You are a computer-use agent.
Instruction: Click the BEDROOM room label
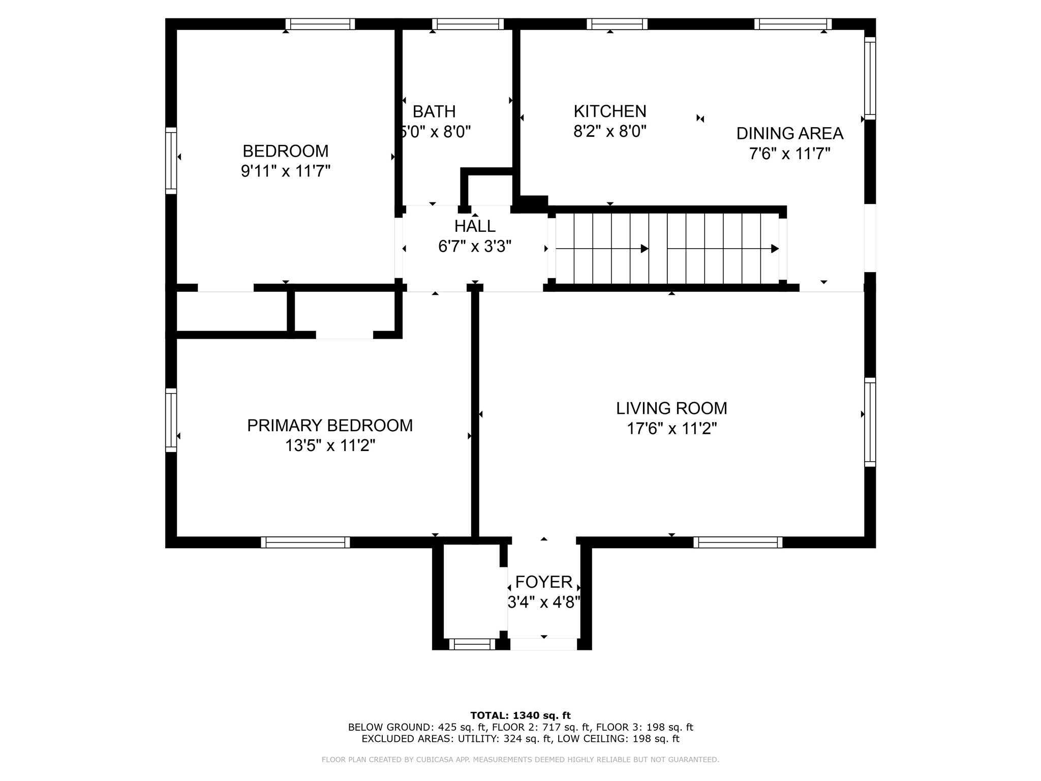(286, 151)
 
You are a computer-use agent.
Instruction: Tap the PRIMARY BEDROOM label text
(330, 426)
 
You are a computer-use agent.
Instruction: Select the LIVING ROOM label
(671, 408)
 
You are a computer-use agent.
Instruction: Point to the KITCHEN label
(610, 111)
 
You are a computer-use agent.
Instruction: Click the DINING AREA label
(790, 133)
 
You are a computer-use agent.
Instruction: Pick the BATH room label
(434, 111)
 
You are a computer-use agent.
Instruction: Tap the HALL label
(475, 226)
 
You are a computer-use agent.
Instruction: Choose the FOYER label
(544, 582)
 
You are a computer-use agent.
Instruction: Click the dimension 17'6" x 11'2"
(671, 429)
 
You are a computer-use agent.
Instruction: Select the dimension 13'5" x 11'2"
(330, 446)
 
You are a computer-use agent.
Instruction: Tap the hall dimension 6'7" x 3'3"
(475, 247)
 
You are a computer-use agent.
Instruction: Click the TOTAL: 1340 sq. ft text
(520, 716)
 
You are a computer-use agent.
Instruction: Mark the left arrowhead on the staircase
(645, 249)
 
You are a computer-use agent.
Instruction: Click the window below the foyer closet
(472, 644)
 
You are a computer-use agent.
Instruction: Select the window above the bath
(468, 24)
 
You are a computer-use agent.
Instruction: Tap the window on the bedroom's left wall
(171, 161)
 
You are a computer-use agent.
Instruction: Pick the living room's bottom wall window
(738, 542)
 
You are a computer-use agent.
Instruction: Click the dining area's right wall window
(870, 78)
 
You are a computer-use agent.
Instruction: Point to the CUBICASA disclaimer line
(520, 760)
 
